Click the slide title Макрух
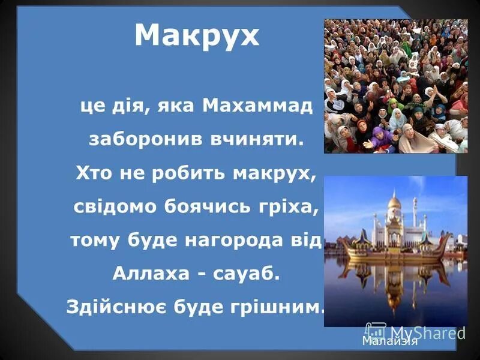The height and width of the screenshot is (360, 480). (x=197, y=36)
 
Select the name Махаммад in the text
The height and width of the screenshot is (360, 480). (x=257, y=107)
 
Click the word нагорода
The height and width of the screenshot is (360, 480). (x=236, y=241)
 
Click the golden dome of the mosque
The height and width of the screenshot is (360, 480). (x=394, y=203)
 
